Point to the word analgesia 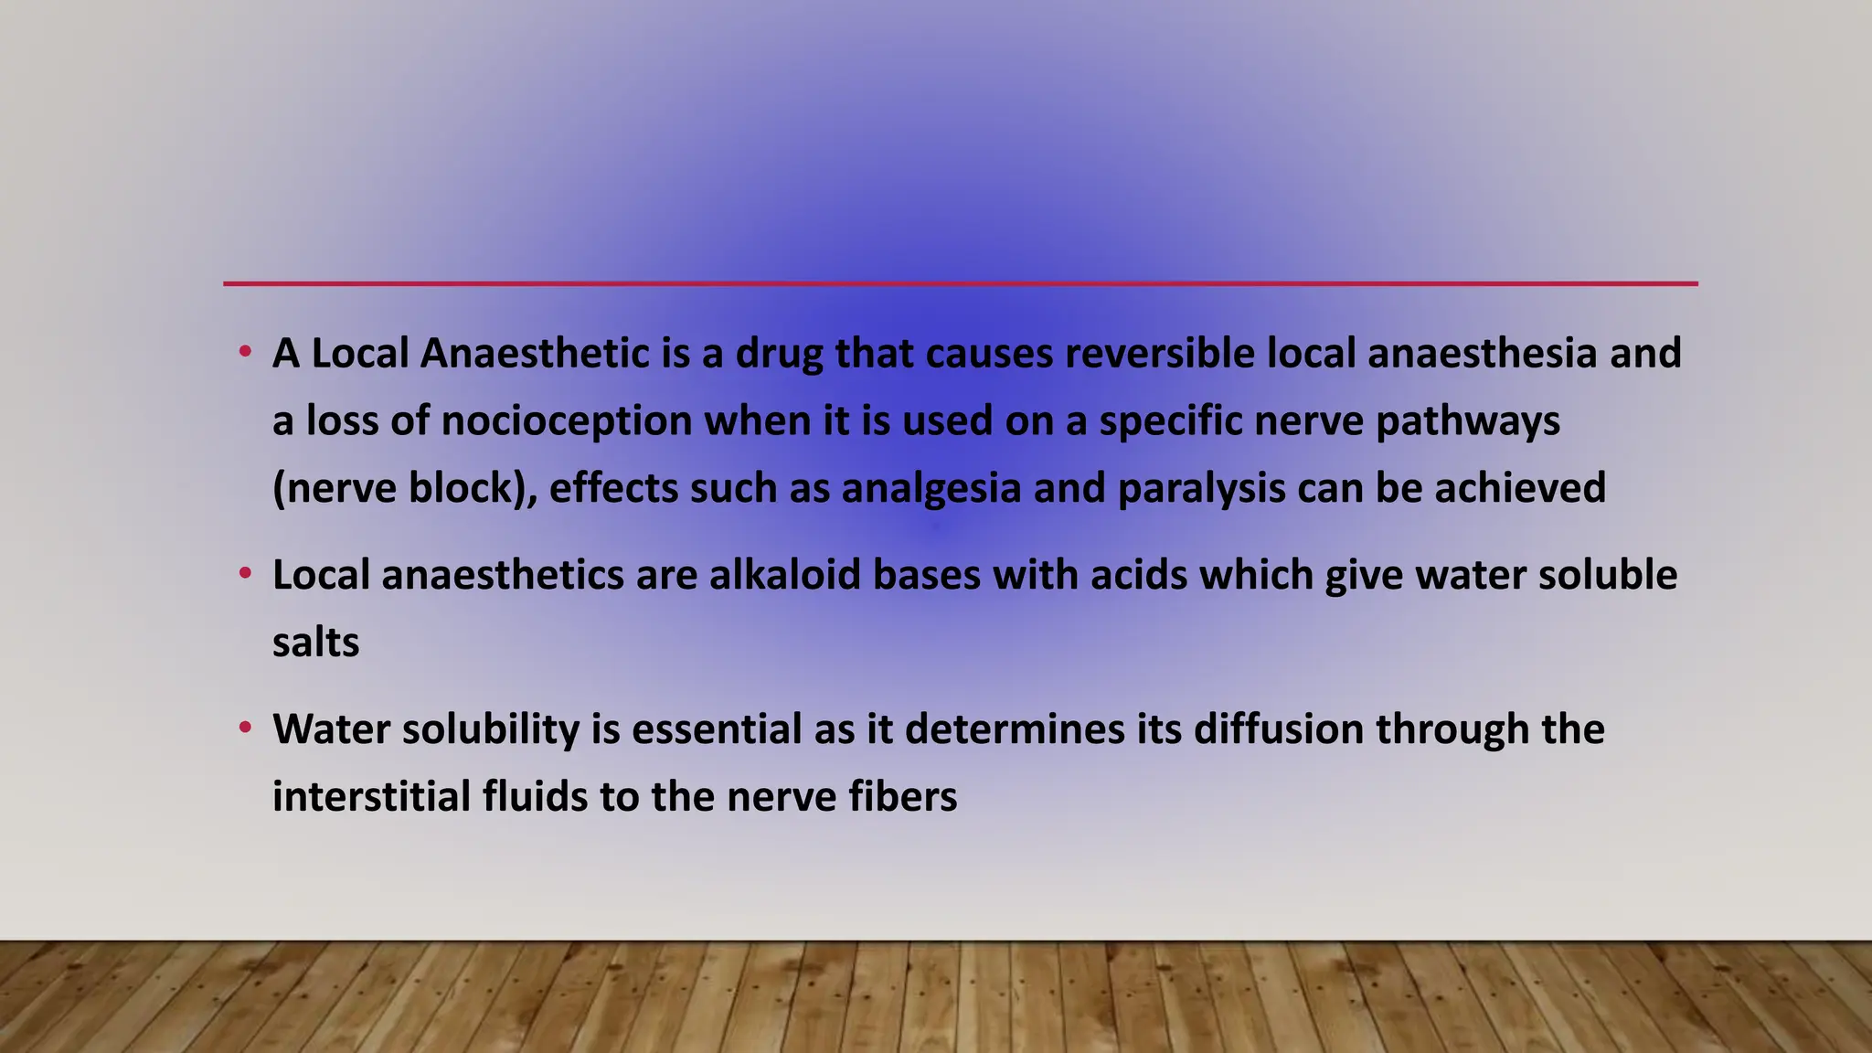pos(931,488)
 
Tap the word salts pos(315,643)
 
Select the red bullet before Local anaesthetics pos(244,574)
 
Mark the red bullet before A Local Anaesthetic pos(244,352)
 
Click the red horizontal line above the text pos(960,283)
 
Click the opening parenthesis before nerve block pos(278,488)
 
